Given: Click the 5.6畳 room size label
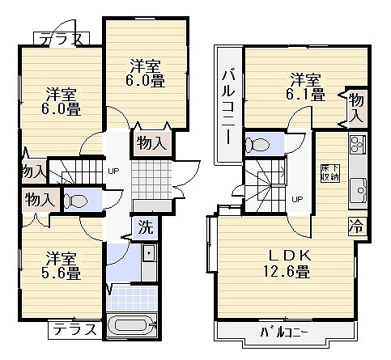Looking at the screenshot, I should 62,273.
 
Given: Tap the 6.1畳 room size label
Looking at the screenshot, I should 307,94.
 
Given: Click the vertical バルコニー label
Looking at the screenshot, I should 228,105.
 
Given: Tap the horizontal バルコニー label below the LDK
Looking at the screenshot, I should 288,332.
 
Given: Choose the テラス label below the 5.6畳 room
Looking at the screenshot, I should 74,330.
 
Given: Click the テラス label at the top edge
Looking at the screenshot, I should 62,37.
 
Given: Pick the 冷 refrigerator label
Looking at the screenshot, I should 355,225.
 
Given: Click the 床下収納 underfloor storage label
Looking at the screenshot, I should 330,167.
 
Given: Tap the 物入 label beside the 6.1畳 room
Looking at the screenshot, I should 356,107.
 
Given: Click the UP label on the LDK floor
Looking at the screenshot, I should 298,199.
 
